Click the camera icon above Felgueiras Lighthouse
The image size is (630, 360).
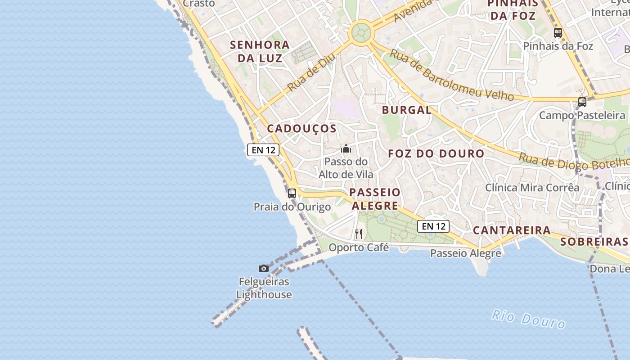tap(264, 269)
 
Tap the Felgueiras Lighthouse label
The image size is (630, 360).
tap(264, 288)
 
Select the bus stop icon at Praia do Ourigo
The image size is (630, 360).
tap(292, 193)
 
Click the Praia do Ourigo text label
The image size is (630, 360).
tap(292, 207)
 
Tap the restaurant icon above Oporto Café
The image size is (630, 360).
tap(359, 234)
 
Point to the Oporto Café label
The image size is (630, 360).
tap(359, 247)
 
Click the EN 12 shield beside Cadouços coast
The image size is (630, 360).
tap(263, 150)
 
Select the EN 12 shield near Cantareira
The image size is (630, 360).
tap(434, 226)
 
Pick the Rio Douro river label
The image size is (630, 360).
tap(528, 319)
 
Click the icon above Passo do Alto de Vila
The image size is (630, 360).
tap(346, 148)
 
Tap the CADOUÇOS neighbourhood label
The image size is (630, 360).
tap(302, 129)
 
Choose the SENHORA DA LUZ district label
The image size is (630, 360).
tap(260, 51)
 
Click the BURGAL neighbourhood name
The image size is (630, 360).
tap(407, 110)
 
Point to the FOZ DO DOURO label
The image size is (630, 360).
tap(436, 153)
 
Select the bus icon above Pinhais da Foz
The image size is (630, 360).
tap(558, 32)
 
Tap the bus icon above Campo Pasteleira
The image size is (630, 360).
tap(582, 102)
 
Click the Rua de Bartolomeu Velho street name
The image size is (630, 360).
tap(451, 76)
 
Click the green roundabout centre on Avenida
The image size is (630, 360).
tap(361, 32)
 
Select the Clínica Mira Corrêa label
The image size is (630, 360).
tap(532, 188)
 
